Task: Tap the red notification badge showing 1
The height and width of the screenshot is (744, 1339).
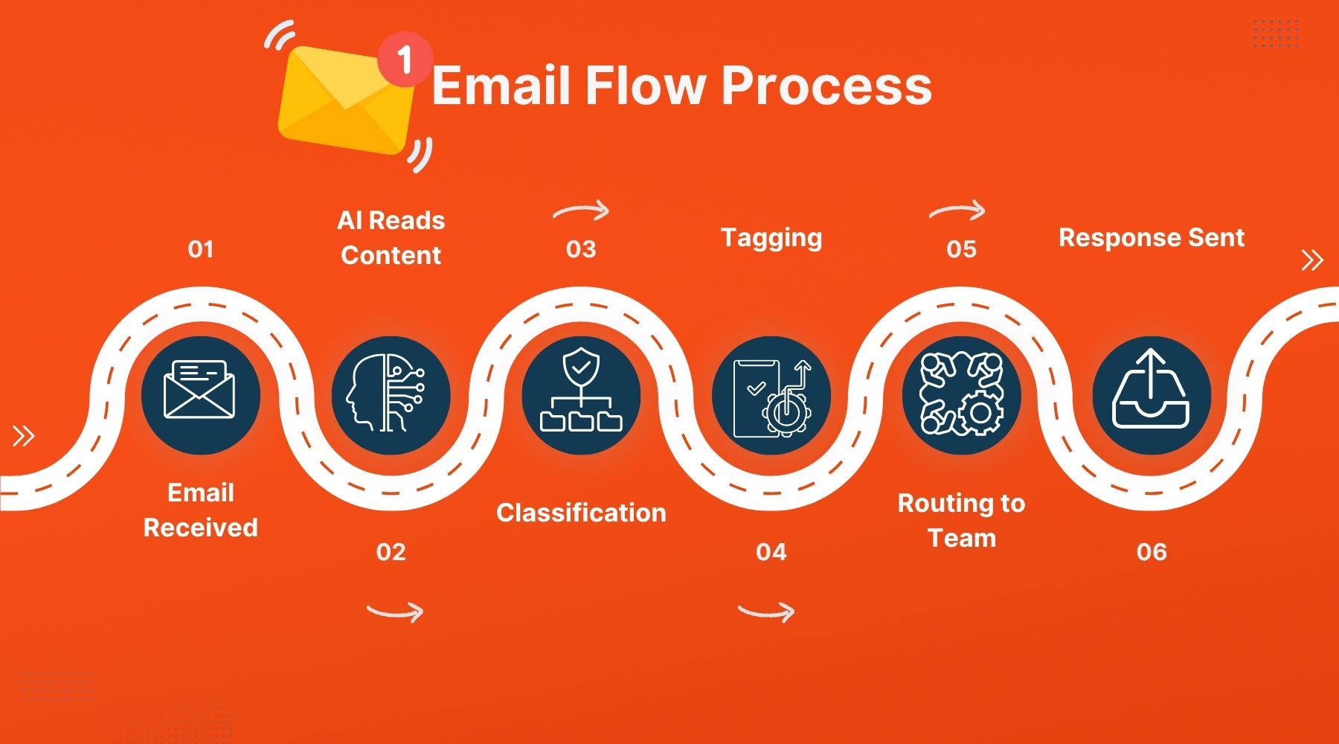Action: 404,59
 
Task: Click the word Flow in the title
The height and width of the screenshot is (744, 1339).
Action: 645,86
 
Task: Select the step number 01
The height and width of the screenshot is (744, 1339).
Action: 201,249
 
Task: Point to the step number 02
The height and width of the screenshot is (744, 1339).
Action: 391,552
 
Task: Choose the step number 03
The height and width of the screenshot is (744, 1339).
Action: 581,249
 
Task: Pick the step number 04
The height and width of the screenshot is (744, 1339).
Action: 771,552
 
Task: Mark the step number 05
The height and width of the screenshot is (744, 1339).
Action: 961,249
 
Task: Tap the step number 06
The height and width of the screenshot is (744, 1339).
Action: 1152,552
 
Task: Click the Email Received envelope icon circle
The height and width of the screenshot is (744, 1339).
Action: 200,395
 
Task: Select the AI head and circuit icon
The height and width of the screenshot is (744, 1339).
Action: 391,395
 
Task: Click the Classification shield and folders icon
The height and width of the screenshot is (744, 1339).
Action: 581,395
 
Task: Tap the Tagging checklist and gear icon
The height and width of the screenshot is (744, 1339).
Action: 771,395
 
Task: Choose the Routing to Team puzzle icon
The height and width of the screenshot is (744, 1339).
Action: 961,395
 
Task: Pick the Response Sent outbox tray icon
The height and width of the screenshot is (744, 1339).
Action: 1152,395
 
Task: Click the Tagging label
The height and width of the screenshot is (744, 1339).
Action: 771,238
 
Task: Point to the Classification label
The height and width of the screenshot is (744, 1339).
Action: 581,513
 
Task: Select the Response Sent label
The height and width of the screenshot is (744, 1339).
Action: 1152,238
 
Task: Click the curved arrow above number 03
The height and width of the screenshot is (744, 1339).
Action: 581,211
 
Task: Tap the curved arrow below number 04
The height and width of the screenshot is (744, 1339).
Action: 766,612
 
